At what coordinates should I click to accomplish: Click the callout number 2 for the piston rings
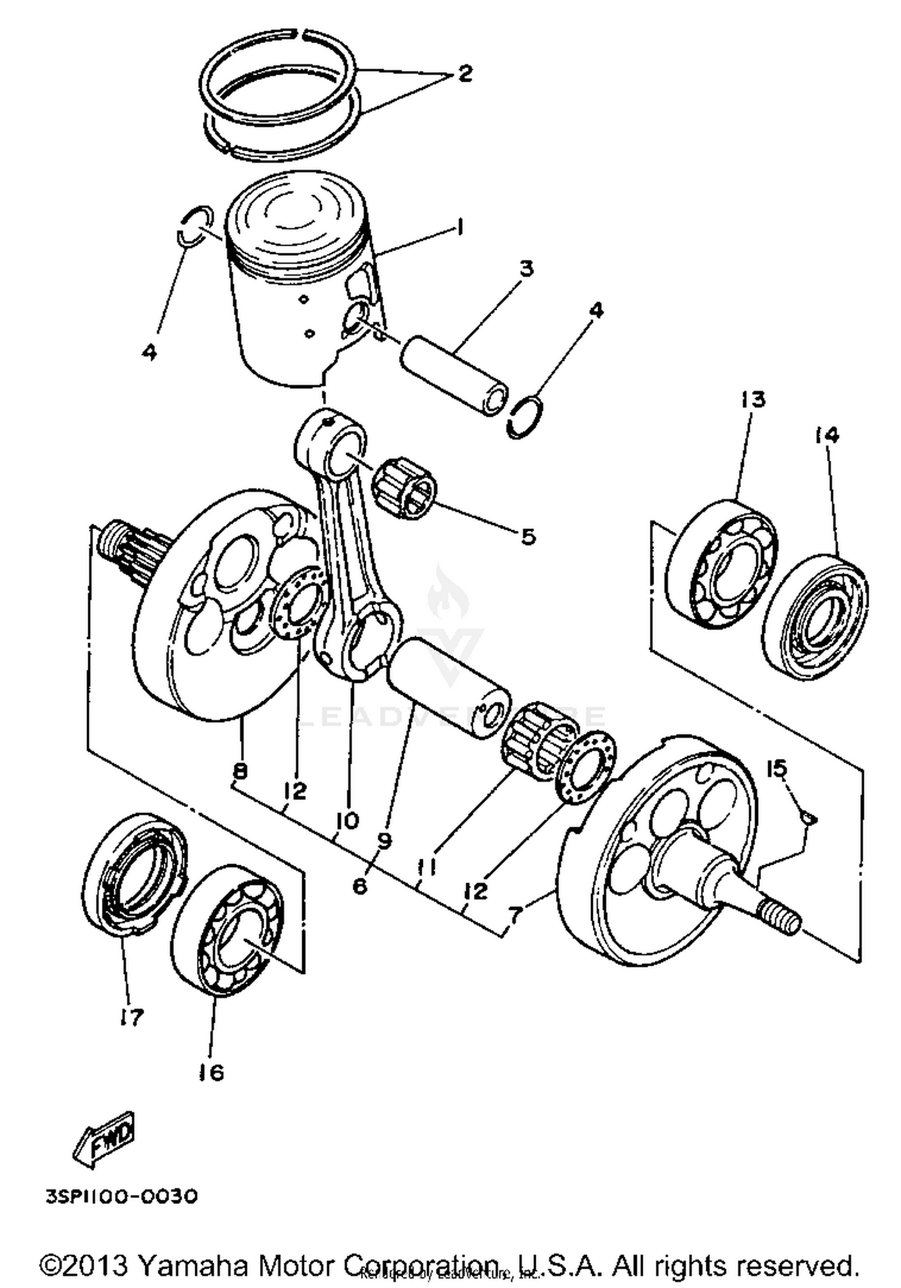click(x=464, y=74)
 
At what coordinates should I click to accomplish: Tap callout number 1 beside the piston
click(x=460, y=228)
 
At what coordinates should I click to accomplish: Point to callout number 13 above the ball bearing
click(x=753, y=399)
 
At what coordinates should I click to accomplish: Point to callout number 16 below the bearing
click(x=211, y=1072)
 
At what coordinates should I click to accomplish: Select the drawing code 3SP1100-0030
click(x=121, y=1197)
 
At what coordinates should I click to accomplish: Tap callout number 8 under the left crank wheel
click(x=239, y=770)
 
